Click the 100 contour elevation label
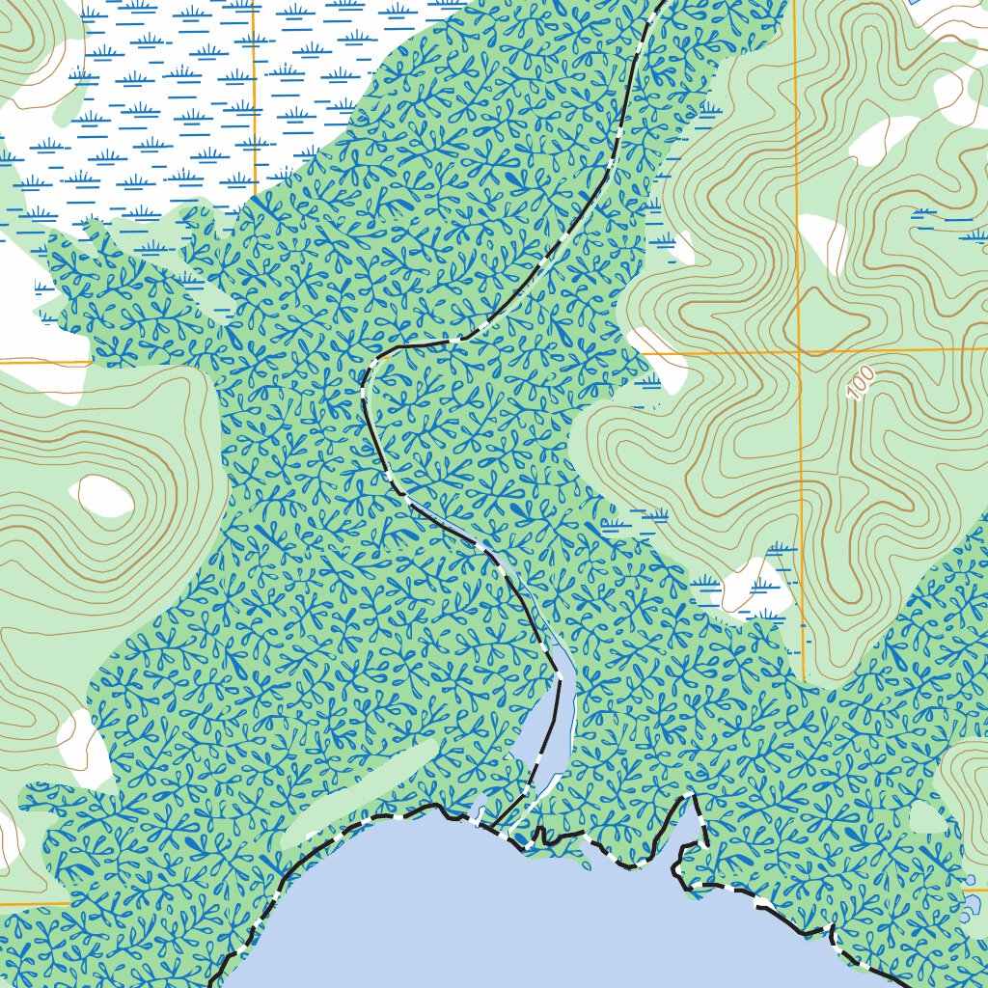click(861, 383)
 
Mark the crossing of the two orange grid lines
click(800, 351)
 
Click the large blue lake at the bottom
click(540, 917)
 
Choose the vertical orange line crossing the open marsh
click(254, 96)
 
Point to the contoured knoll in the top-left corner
click(29, 48)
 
